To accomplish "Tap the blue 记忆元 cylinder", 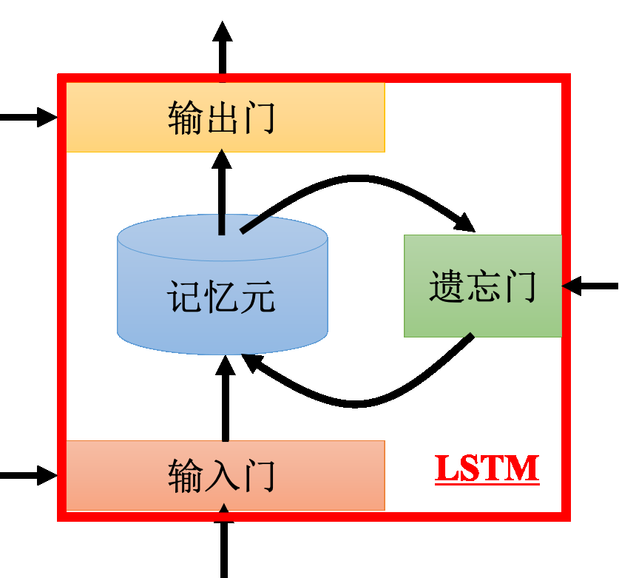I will (x=222, y=326).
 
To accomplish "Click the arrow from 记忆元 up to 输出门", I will (x=222, y=192).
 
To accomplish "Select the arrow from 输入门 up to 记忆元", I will (x=226, y=400).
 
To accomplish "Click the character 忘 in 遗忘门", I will (x=482, y=286).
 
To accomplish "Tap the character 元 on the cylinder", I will (x=257, y=298).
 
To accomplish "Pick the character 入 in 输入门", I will (x=221, y=475).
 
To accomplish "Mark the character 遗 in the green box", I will (x=446, y=286).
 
